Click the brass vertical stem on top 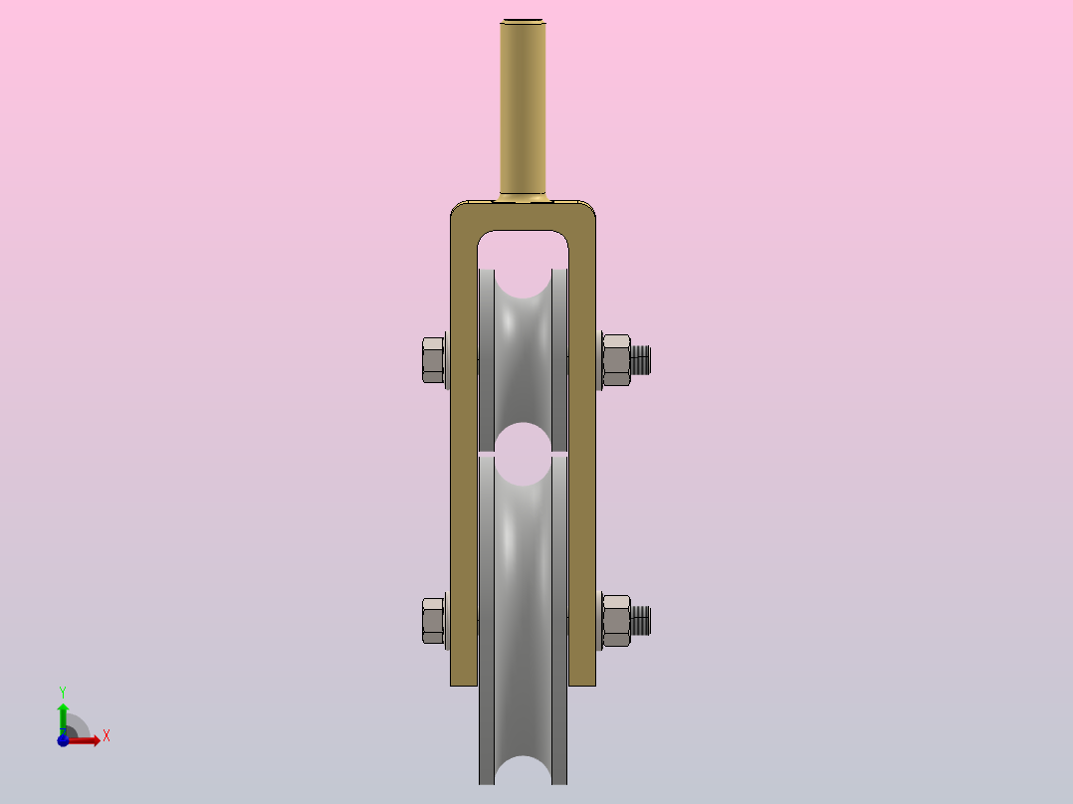pyautogui.click(x=523, y=109)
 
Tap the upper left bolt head pyautogui.click(x=433, y=360)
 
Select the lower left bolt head pyautogui.click(x=433, y=621)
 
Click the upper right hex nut pyautogui.click(x=616, y=360)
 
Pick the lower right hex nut pyautogui.click(x=616, y=621)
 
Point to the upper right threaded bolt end pyautogui.click(x=641, y=360)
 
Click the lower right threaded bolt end pyautogui.click(x=641, y=621)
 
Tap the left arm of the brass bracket pyautogui.click(x=464, y=452)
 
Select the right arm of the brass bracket pyautogui.click(x=582, y=452)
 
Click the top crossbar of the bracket pyautogui.click(x=523, y=216)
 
